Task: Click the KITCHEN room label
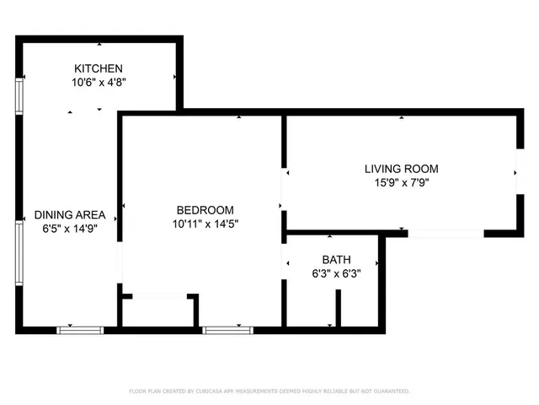point(99,68)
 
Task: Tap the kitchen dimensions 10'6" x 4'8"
point(99,83)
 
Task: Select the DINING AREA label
point(69,214)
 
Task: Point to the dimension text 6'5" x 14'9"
point(69,229)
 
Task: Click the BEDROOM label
point(205,209)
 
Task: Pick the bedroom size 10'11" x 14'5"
point(205,224)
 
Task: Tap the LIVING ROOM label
point(401,169)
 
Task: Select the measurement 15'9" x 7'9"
point(401,183)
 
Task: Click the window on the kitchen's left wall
point(19,96)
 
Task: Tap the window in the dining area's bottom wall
point(80,330)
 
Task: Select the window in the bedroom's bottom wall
point(227,330)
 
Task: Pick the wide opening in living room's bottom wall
point(446,233)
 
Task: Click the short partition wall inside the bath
point(339,308)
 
